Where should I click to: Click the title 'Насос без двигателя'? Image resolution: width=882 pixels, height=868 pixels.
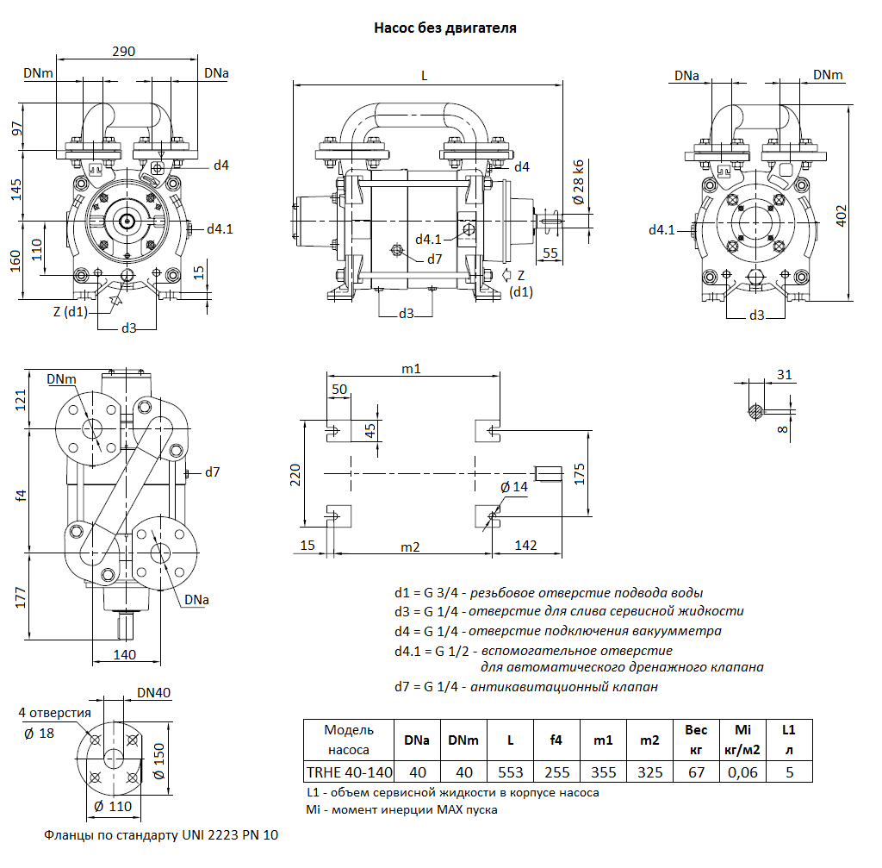(444, 28)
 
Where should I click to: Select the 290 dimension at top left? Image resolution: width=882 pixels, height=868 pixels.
(124, 52)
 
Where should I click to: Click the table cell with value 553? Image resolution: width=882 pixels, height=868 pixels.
(511, 771)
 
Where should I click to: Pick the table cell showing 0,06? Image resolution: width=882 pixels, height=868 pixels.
(742, 771)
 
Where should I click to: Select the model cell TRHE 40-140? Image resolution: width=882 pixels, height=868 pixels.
(349, 771)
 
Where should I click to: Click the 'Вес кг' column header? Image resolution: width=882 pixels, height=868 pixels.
(696, 740)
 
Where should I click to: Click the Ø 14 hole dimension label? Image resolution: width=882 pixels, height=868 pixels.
(514, 487)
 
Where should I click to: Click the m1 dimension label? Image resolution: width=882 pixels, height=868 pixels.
(411, 369)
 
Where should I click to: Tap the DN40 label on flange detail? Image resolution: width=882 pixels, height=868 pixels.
(154, 693)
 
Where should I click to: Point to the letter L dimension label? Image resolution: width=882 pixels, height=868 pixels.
(424, 75)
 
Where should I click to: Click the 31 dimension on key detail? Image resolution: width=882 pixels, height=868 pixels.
(783, 374)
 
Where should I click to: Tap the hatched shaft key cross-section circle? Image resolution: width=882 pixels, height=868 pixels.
(755, 410)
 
